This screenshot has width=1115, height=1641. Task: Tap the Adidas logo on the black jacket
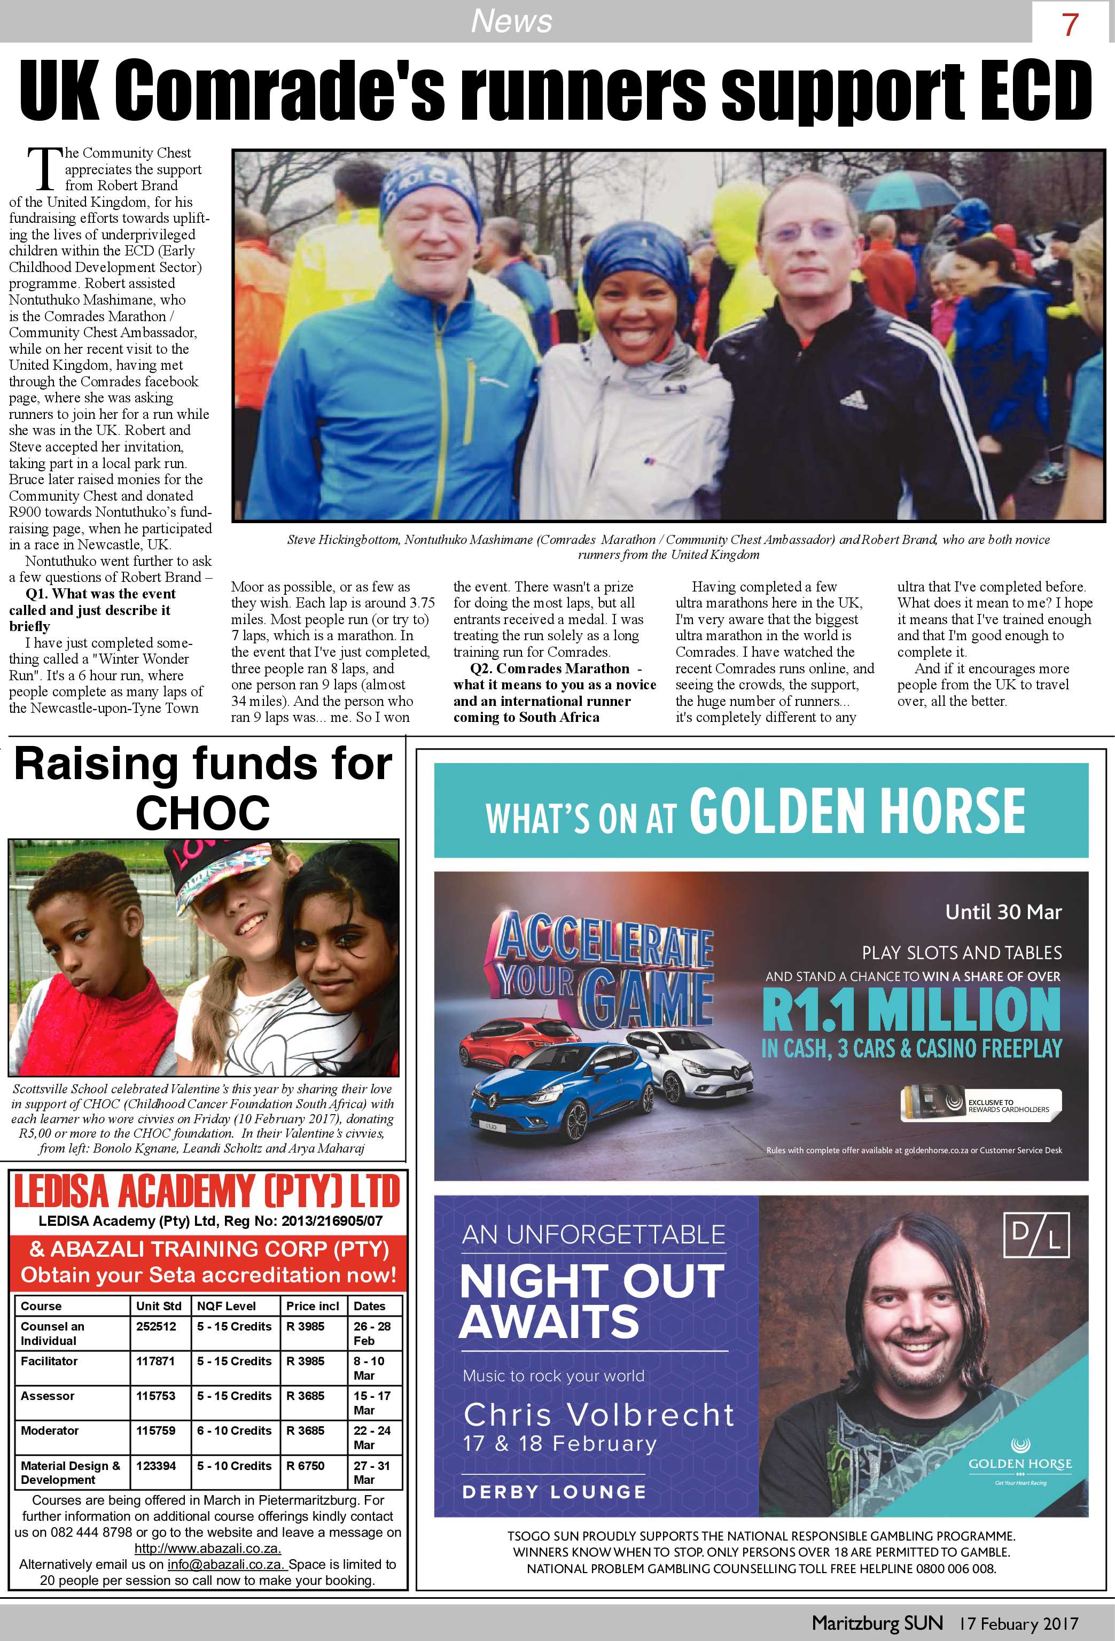coord(853,399)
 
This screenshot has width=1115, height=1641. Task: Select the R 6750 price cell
coord(305,1466)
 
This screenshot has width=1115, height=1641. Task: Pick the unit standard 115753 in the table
coord(155,1396)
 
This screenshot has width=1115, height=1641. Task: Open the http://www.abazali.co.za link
coord(208,1549)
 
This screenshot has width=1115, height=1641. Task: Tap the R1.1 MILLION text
coord(911,1010)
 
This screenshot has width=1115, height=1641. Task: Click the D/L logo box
coord(1036,1235)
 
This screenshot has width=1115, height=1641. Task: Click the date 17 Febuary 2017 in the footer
coord(1018,1623)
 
